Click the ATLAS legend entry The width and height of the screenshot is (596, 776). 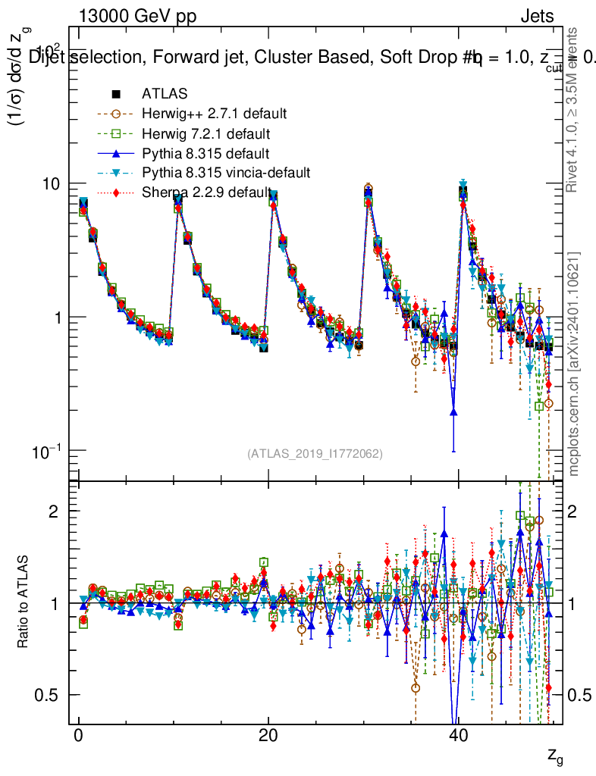coord(165,94)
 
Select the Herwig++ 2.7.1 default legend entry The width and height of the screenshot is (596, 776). coord(214,114)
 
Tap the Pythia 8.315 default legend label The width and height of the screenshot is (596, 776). coord(205,153)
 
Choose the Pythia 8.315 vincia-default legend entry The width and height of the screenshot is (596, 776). coord(226,173)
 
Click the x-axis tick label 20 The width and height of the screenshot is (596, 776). coord(268,737)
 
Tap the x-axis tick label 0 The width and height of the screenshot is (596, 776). coord(78,737)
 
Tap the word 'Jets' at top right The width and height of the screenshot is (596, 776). coord(537,16)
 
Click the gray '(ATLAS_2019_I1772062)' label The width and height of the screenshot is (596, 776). coord(315,454)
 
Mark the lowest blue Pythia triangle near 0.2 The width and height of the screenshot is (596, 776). coord(453,411)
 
